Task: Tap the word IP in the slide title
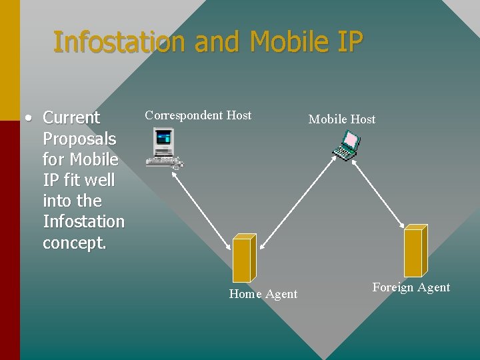pyautogui.click(x=348, y=42)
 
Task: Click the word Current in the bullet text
pyautogui.click(x=71, y=118)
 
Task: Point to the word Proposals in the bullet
pyautogui.click(x=79, y=139)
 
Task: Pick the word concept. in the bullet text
pyautogui.click(x=74, y=243)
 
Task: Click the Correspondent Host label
pyautogui.click(x=198, y=115)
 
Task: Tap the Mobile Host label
pyautogui.click(x=342, y=119)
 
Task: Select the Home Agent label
pyautogui.click(x=263, y=294)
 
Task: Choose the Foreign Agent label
pyautogui.click(x=411, y=287)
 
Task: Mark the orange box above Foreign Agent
pyautogui.click(x=415, y=250)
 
